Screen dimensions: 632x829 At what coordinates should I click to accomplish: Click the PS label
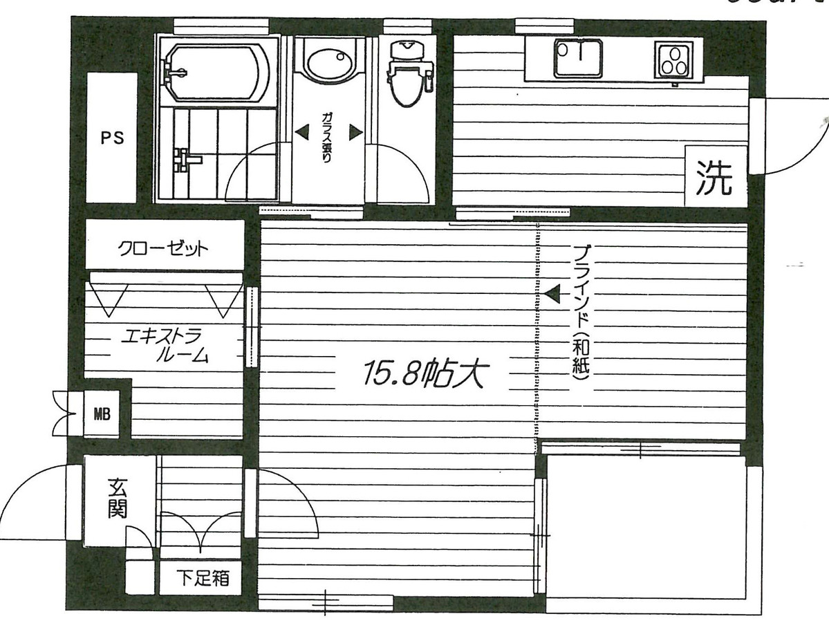(x=112, y=138)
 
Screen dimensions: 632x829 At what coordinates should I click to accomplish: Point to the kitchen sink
(x=578, y=58)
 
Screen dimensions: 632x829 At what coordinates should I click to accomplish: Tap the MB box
(x=102, y=415)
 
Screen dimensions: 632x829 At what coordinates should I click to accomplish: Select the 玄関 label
(x=117, y=499)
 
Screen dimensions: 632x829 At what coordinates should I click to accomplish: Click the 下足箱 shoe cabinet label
(x=201, y=578)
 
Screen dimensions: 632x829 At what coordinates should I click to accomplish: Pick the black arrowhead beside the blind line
(x=551, y=295)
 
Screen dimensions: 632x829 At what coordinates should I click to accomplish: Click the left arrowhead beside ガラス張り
(x=302, y=131)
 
